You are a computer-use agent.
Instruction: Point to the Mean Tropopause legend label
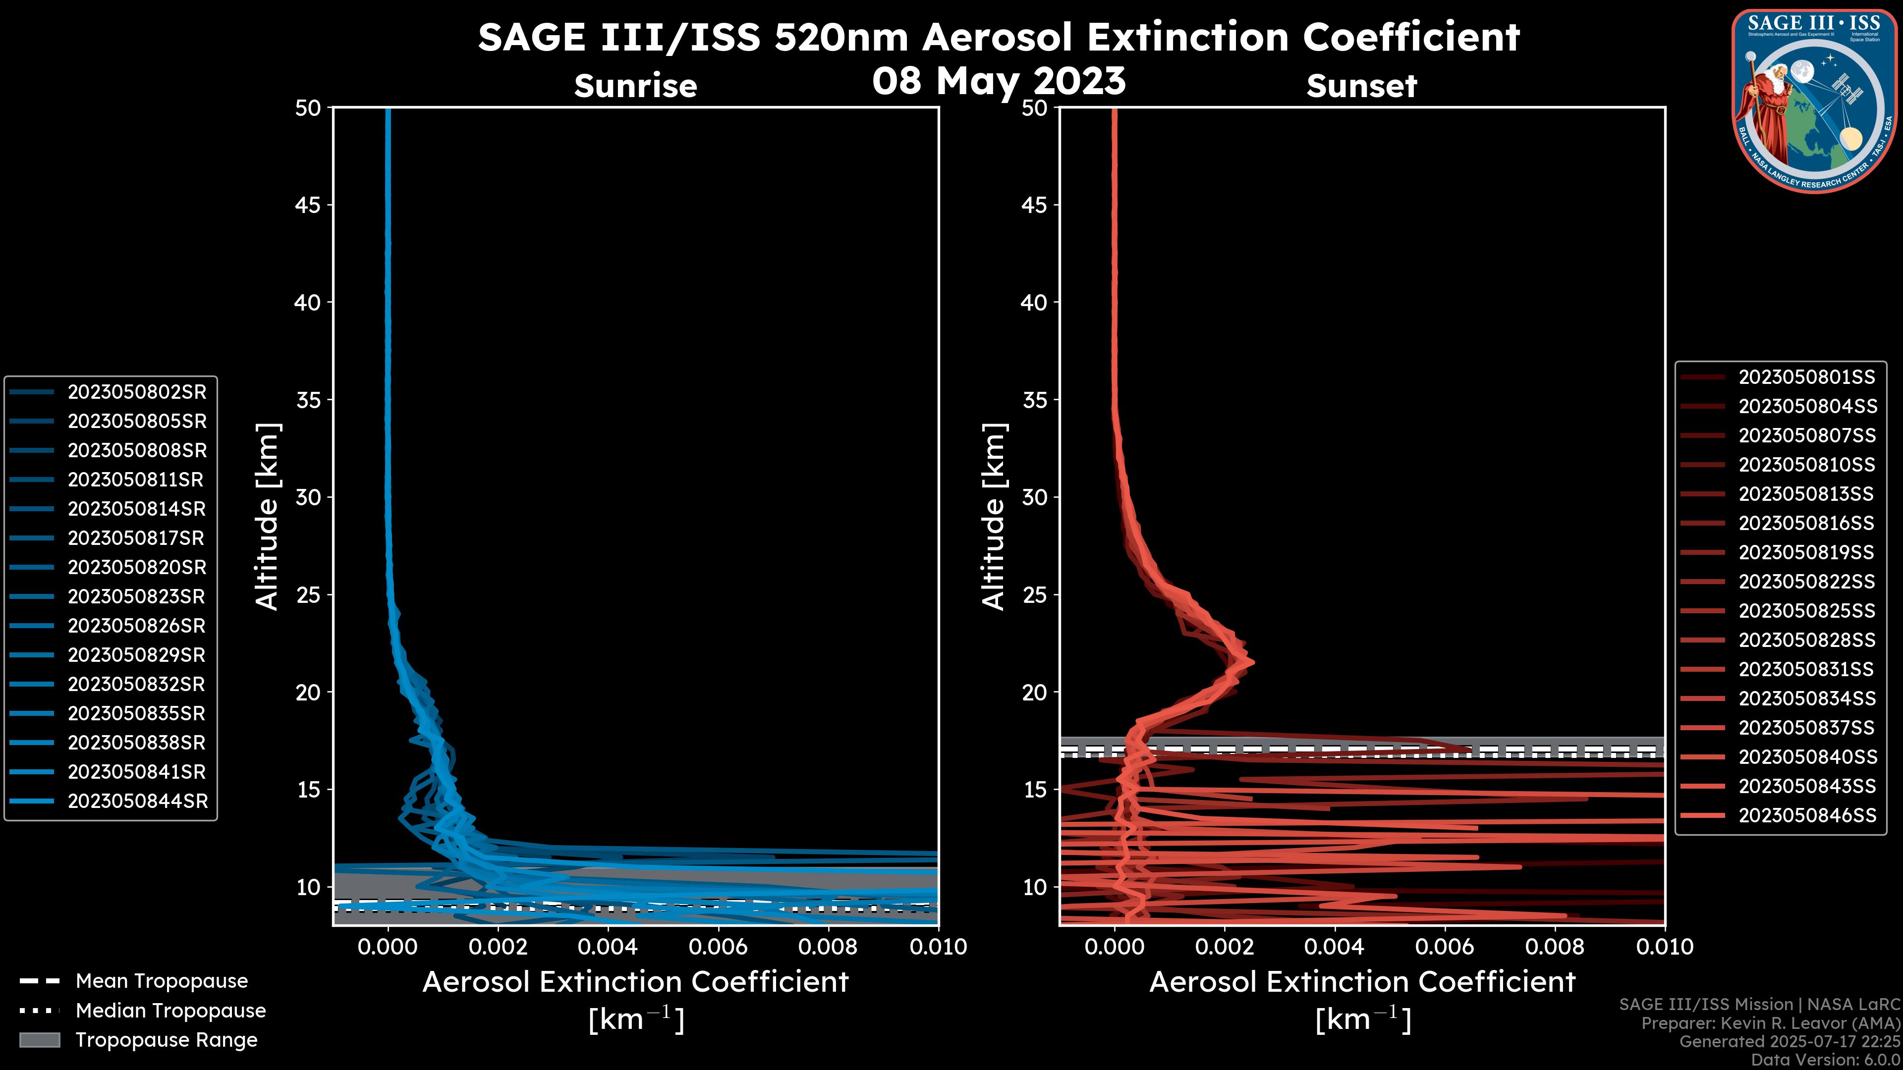[x=162, y=981]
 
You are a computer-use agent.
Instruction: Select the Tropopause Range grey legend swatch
[x=39, y=1040]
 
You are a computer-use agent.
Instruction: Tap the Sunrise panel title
[x=635, y=86]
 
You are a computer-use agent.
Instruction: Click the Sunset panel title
[x=1361, y=86]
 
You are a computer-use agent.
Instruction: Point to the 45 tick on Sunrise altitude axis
[x=308, y=205]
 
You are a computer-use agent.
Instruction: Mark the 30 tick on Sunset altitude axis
[x=1035, y=497]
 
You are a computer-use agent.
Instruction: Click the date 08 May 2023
[x=999, y=80]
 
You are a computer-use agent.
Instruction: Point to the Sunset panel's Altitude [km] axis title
[x=994, y=517]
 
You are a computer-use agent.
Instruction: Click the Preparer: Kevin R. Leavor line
[x=1771, y=1023]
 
